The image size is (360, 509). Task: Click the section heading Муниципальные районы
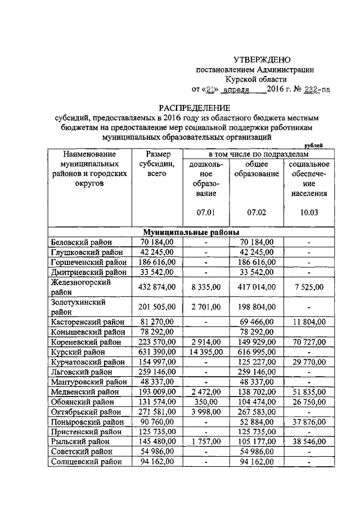point(191,232)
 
